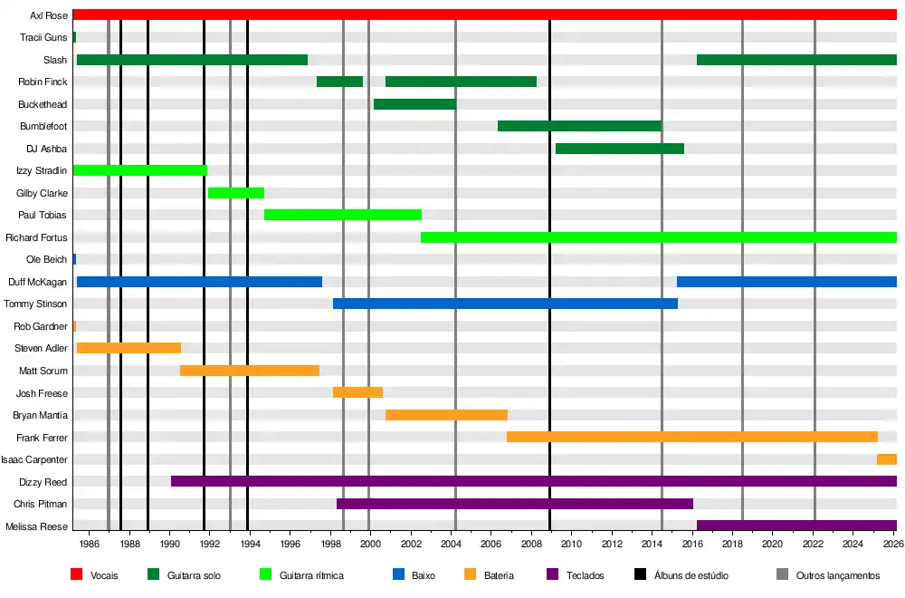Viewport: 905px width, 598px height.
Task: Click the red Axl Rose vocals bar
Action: (484, 14)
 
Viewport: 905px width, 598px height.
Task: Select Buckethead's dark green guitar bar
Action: (414, 104)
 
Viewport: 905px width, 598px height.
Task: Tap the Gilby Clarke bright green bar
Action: (236, 193)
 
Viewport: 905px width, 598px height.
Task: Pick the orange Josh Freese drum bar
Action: (357, 392)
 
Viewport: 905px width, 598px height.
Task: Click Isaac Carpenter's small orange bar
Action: (887, 459)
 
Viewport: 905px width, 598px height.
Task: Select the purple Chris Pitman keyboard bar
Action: (514, 504)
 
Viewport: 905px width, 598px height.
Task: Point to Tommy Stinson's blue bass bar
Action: (505, 304)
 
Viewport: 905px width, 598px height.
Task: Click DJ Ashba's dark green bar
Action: (619, 149)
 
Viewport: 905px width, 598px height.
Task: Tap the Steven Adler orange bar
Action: (129, 348)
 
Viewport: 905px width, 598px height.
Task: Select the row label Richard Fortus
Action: (36, 237)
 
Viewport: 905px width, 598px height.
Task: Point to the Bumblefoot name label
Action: (43, 126)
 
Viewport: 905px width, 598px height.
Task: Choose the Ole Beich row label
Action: (46, 260)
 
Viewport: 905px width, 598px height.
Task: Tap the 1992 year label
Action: (210, 544)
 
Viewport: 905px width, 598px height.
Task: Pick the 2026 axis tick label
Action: (892, 544)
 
